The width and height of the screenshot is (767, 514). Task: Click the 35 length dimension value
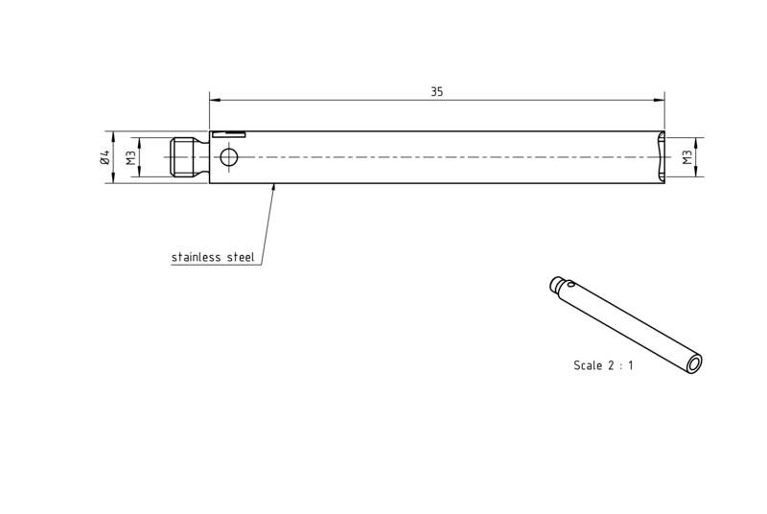pos(437,91)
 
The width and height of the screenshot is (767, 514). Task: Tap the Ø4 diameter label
pos(105,157)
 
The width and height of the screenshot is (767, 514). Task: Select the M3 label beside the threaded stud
pos(130,157)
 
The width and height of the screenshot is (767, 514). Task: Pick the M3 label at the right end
pos(687,157)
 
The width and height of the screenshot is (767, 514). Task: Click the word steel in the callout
pos(241,257)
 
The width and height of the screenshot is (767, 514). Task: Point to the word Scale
pos(588,365)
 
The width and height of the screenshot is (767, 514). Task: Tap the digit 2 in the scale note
pos(611,365)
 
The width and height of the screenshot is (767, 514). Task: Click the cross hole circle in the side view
pos(228,157)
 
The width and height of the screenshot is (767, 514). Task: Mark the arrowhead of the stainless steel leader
pos(274,187)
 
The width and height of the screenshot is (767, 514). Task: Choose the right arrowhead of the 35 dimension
pos(660,101)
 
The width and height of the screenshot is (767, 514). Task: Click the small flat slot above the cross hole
pos(228,134)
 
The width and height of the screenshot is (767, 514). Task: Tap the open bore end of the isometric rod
pos(694,363)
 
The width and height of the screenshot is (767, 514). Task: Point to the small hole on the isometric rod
pos(571,282)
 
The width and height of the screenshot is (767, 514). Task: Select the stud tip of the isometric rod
pos(556,283)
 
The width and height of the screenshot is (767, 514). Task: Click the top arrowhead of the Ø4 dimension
pos(113,136)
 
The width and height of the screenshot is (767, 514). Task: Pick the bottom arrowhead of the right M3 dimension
pos(696,172)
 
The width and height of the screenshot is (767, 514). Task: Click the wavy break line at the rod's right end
pos(661,157)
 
